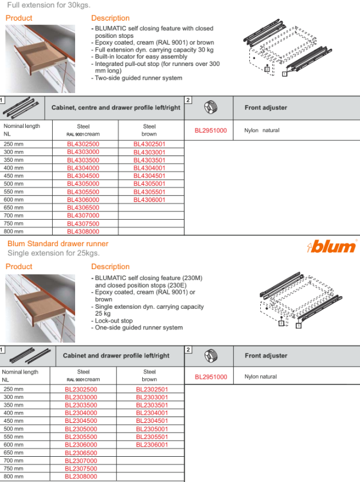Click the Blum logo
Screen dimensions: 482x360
332,246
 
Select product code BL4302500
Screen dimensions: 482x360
83,144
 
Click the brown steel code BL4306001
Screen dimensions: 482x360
149,200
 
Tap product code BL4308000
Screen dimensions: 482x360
83,231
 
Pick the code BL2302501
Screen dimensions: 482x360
152,389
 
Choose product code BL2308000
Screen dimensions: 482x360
81,476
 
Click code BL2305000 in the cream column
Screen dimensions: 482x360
81,429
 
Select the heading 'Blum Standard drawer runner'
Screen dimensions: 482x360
58,244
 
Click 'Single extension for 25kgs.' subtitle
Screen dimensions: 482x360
53,253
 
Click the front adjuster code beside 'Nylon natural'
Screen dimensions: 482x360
211,377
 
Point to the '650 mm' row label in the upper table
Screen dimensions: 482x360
14,208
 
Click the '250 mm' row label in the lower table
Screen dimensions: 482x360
14,389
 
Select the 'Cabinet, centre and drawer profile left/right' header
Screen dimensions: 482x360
116,107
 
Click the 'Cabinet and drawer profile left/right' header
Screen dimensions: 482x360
116,356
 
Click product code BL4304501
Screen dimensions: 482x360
149,176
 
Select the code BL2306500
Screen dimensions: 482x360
81,453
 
